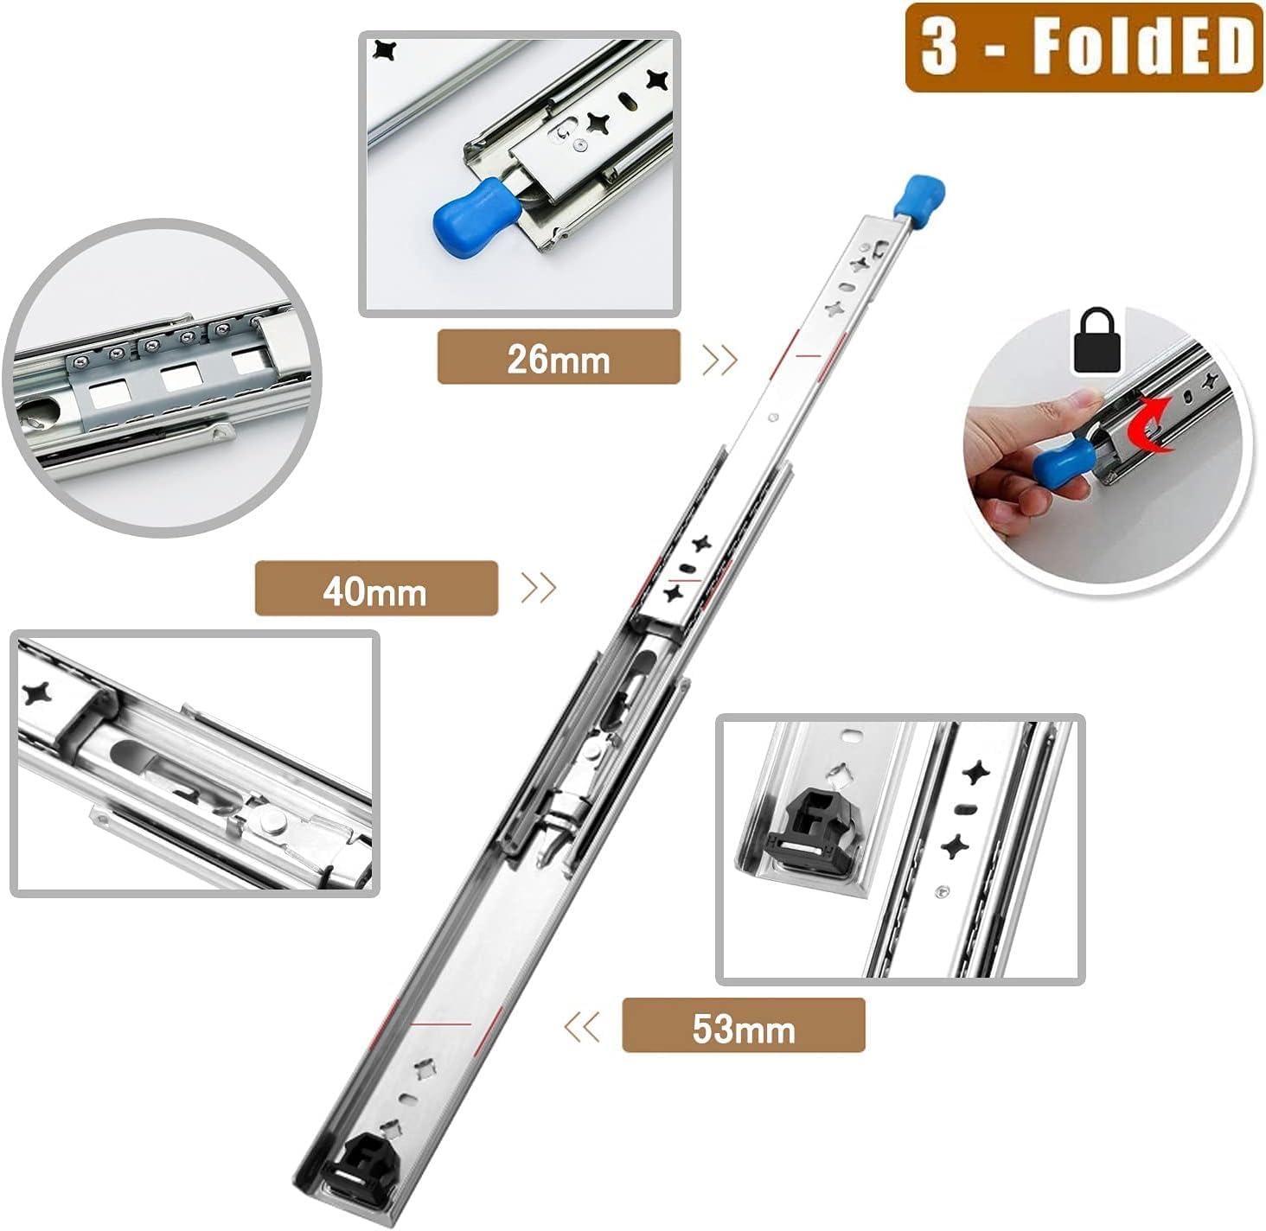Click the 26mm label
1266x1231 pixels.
click(559, 358)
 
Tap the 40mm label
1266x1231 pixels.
click(375, 590)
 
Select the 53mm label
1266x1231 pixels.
click(743, 1027)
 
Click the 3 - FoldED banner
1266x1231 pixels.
click(1084, 48)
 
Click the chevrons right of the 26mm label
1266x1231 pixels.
click(719, 359)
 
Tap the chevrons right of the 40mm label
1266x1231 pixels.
click(539, 589)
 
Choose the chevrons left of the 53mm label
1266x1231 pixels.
click(581, 1027)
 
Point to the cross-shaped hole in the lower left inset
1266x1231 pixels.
click(37, 693)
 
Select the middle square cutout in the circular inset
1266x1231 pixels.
click(181, 375)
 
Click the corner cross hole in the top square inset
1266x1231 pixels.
click(383, 50)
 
